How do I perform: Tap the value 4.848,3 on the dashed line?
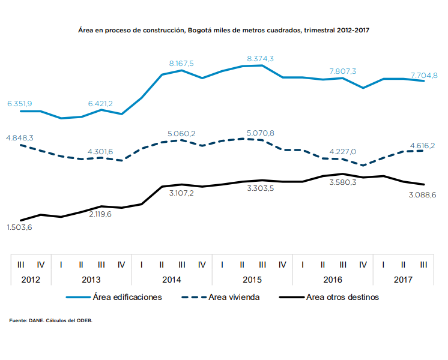20,138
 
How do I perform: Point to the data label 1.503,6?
20,227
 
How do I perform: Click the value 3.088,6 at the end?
422,194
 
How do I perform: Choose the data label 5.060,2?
182,133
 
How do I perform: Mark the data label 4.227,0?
343,151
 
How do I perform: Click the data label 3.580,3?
343,182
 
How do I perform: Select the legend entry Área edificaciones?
127,297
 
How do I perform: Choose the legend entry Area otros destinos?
342,297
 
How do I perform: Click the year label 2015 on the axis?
252,280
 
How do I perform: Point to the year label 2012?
30,280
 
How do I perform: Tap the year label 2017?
403,280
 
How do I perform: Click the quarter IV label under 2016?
363,264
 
